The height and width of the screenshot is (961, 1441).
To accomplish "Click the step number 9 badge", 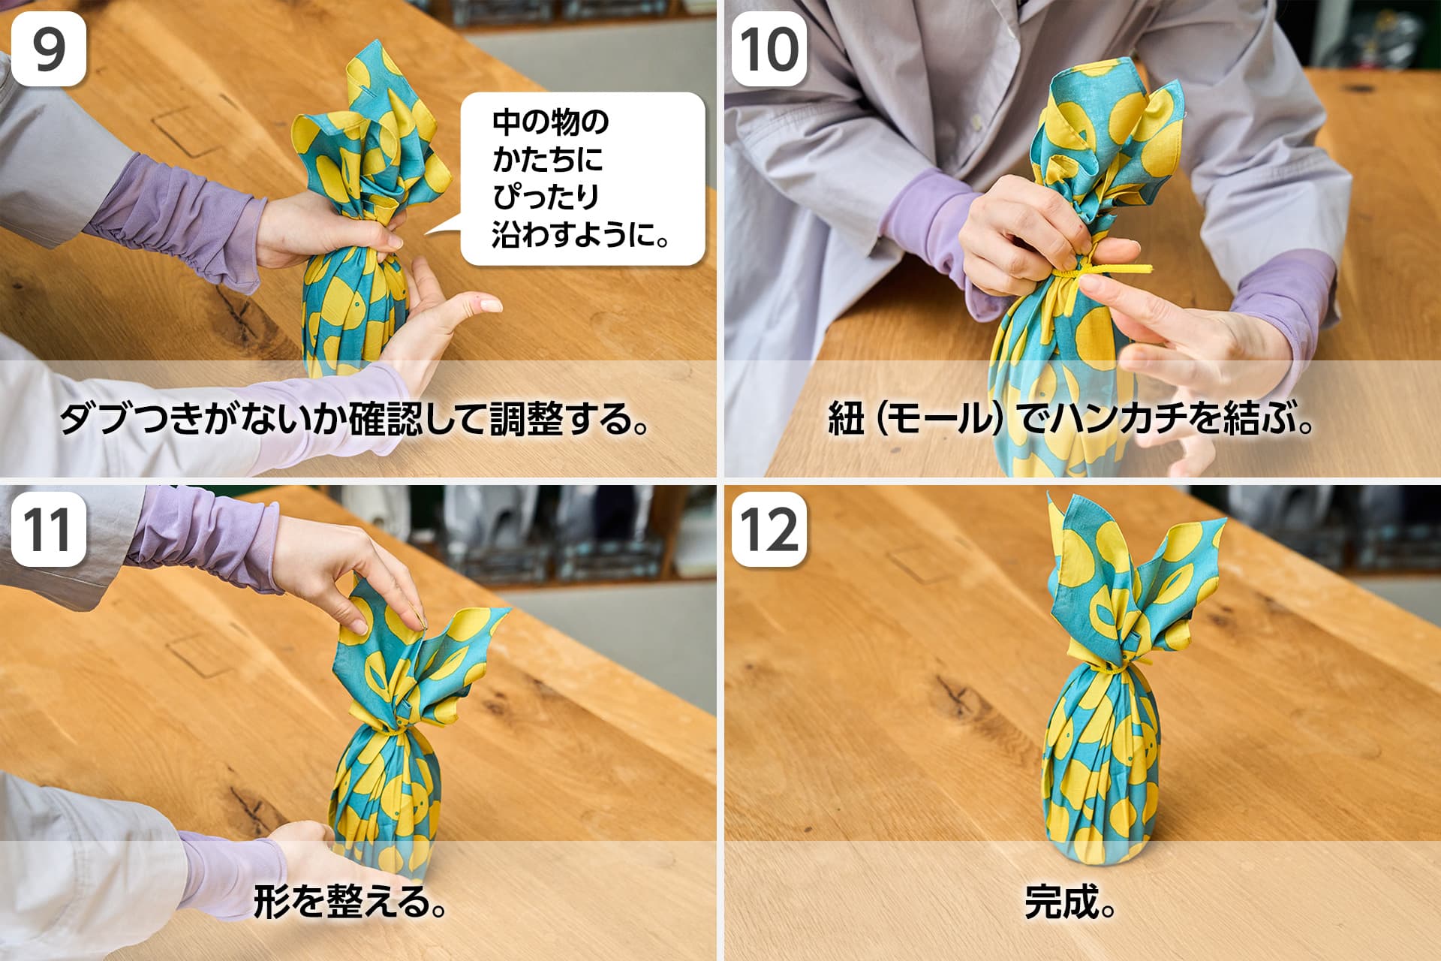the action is [x=49, y=47].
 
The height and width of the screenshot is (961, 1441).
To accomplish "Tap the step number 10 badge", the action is [x=769, y=47].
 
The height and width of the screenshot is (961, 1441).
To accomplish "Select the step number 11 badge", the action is [x=49, y=529].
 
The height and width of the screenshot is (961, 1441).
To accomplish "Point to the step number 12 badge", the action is [x=769, y=529].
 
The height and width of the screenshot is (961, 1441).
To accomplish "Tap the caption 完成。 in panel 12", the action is [x=1069, y=902].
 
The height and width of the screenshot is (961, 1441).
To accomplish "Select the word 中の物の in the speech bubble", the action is [x=550, y=122].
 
